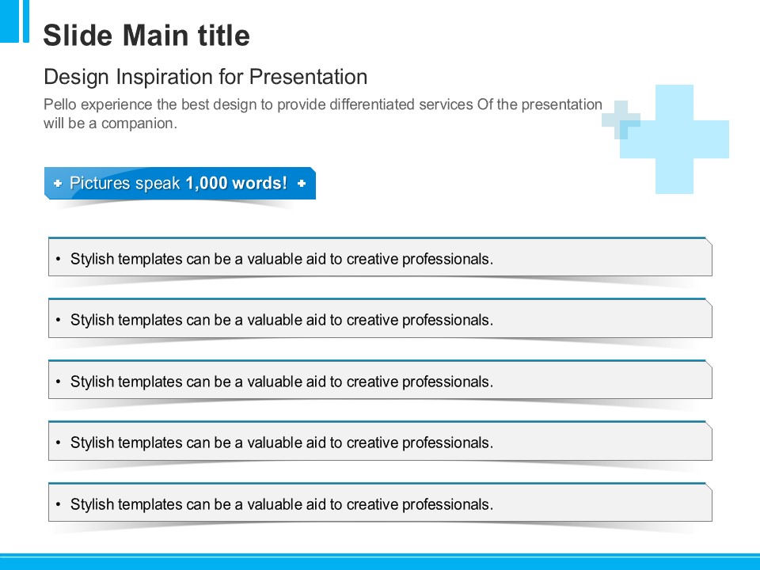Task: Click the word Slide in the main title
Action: coord(78,36)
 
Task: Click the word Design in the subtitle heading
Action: coord(76,78)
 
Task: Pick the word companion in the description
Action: coord(139,124)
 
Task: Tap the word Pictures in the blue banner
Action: coord(101,183)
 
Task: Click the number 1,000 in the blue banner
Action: coord(207,183)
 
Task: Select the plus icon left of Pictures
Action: coord(58,183)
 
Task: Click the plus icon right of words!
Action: coord(302,183)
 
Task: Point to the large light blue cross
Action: coord(674,139)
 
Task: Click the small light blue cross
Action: coord(621,120)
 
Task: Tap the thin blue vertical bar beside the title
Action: coord(25,21)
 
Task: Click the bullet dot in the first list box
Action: coord(58,260)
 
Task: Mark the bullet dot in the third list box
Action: coord(58,382)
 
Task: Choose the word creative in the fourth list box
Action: coord(372,443)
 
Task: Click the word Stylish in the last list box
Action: coord(92,505)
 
